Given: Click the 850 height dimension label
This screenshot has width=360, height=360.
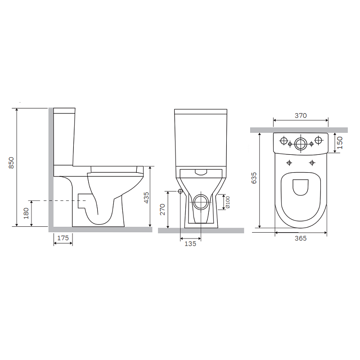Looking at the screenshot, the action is pos(11,163).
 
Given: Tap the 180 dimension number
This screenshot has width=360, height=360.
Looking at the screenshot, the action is pos(26,213).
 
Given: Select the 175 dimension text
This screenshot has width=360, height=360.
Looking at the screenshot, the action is pos(63,238).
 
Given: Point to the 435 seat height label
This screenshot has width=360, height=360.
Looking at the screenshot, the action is pos(146,198).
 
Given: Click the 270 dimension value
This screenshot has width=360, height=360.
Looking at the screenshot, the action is pos(162,209).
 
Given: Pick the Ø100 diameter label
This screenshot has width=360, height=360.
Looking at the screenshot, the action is pos(228,202).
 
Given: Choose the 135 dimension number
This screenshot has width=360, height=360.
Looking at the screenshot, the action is pos(190,243).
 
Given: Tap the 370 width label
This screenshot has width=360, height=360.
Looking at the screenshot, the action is pos(301,116).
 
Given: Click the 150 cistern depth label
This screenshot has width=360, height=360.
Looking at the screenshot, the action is pos(340,143).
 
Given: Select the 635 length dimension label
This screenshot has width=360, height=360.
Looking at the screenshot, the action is pos(254,178).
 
